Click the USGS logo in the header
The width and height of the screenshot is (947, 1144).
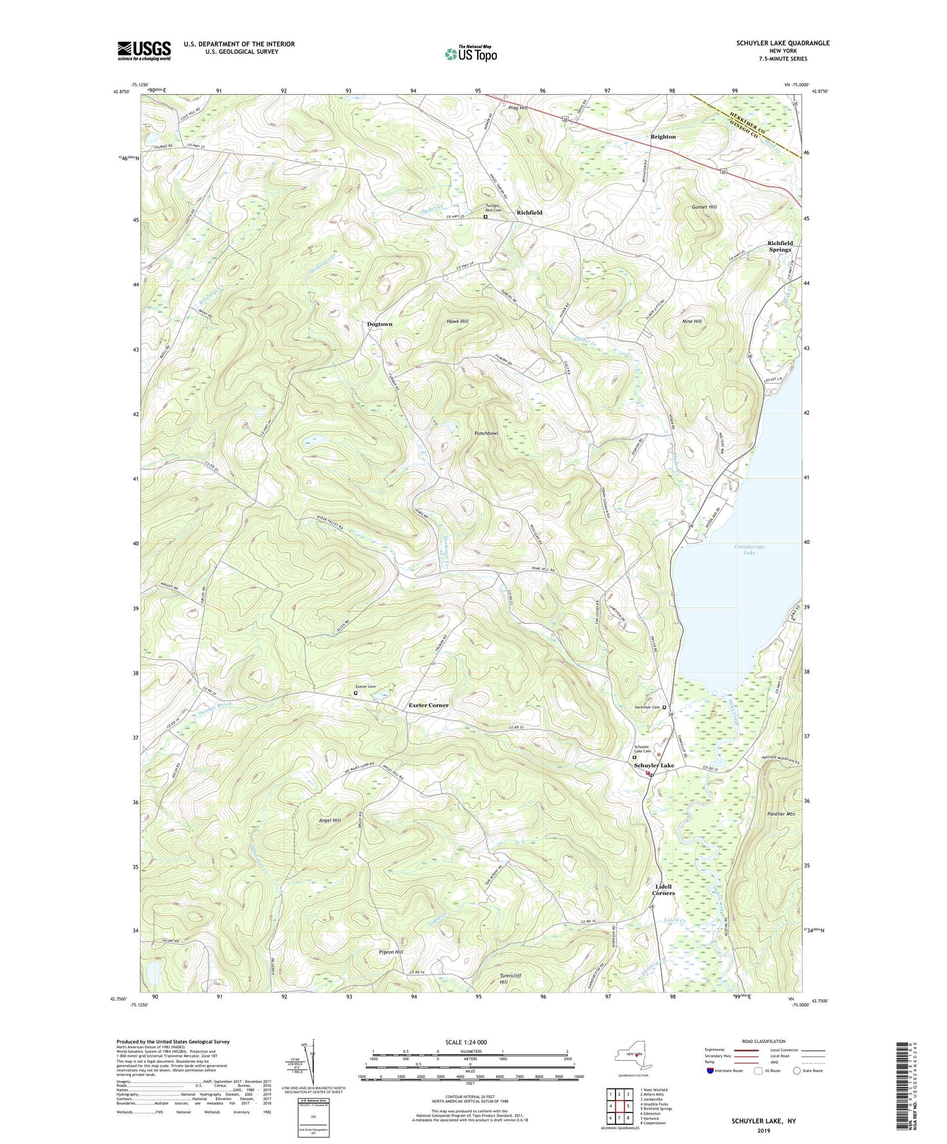(x=144, y=50)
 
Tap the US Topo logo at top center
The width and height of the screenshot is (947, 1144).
(x=470, y=54)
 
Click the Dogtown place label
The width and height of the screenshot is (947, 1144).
(x=379, y=324)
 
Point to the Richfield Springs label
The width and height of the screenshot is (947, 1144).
(x=780, y=246)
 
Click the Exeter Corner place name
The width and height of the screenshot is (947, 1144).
(x=429, y=705)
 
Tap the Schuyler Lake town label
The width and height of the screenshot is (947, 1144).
(x=653, y=765)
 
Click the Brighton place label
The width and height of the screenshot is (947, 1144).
(x=663, y=137)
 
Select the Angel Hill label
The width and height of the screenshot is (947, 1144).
(x=329, y=820)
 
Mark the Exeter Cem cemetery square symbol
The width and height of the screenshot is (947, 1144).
(x=356, y=693)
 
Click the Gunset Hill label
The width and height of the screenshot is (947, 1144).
(x=705, y=207)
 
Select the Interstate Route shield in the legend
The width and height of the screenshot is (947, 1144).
(x=710, y=1071)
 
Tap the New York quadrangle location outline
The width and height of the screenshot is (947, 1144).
(x=632, y=1057)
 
